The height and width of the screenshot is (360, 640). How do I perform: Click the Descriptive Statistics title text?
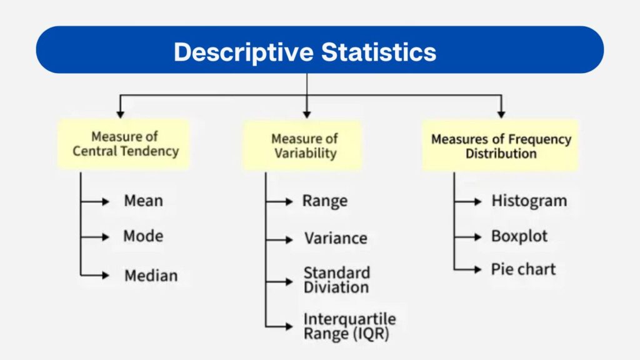click(x=304, y=51)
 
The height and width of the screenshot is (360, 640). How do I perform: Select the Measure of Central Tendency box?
click(x=125, y=144)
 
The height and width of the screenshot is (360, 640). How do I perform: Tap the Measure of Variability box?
click(x=304, y=145)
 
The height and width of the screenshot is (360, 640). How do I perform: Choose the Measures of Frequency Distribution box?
click(x=501, y=146)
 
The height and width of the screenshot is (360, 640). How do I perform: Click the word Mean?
click(x=143, y=201)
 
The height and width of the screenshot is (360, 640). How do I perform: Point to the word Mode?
click(x=143, y=236)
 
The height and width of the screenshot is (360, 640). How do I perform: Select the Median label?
click(x=151, y=275)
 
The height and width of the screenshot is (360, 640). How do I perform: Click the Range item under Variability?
click(x=325, y=201)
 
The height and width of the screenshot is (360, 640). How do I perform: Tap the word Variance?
click(x=336, y=238)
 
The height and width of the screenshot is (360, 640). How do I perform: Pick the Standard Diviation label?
click(x=336, y=280)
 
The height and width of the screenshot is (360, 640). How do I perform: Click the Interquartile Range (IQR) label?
click(x=349, y=326)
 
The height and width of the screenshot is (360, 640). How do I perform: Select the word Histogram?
click(x=529, y=201)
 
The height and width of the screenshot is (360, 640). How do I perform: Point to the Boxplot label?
click(x=519, y=236)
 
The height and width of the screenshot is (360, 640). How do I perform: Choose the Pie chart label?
click(x=523, y=269)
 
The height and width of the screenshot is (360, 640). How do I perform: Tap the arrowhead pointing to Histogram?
click(x=478, y=201)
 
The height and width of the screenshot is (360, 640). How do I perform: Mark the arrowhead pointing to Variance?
click(x=289, y=239)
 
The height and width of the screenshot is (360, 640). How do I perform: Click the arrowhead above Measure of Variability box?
click(x=306, y=114)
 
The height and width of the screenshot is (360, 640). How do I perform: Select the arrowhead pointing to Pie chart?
click(x=478, y=270)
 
